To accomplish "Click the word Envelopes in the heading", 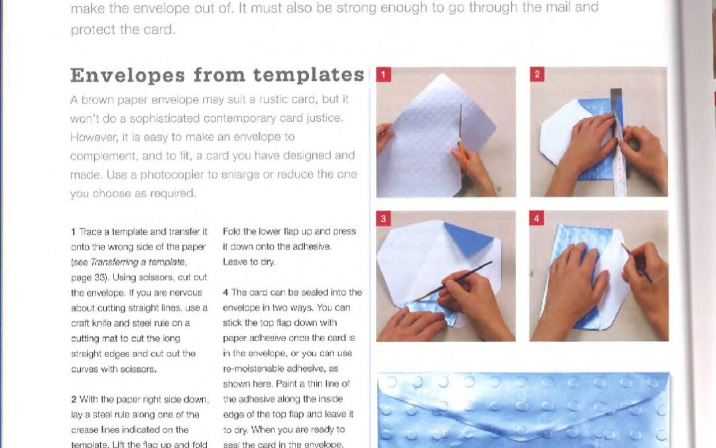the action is [x=127, y=76].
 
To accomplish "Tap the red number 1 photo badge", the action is [x=384, y=74].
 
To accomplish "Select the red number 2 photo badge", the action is [x=537, y=74].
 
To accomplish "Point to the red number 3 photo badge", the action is [x=384, y=218].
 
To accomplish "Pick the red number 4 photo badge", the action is [x=536, y=218].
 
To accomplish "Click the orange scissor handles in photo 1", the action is [x=463, y=156].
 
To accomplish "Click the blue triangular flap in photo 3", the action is [x=468, y=238].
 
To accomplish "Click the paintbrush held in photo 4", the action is [x=636, y=262].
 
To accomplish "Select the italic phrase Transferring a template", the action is [x=138, y=262].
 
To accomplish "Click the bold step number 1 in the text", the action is [x=73, y=232].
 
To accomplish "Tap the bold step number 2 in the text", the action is [x=74, y=400].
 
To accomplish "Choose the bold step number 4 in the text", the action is [x=225, y=293].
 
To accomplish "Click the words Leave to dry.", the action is [x=249, y=262].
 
